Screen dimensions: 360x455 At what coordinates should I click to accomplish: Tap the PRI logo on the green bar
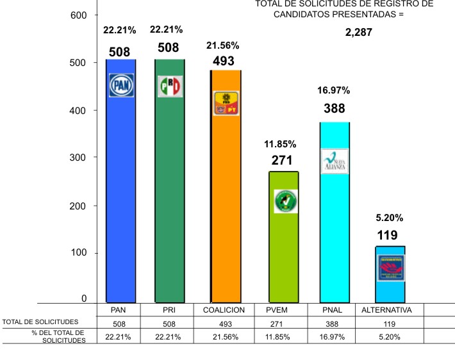170,86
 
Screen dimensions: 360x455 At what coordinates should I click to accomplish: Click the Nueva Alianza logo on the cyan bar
335,161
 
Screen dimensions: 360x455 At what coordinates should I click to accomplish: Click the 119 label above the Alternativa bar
387,235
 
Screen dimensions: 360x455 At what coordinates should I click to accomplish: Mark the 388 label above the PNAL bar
334,109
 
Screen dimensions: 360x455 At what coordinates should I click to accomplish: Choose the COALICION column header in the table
224,309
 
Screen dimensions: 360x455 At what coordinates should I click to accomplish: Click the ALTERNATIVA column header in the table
387,309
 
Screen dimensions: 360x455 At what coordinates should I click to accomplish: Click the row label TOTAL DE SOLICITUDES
40,322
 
